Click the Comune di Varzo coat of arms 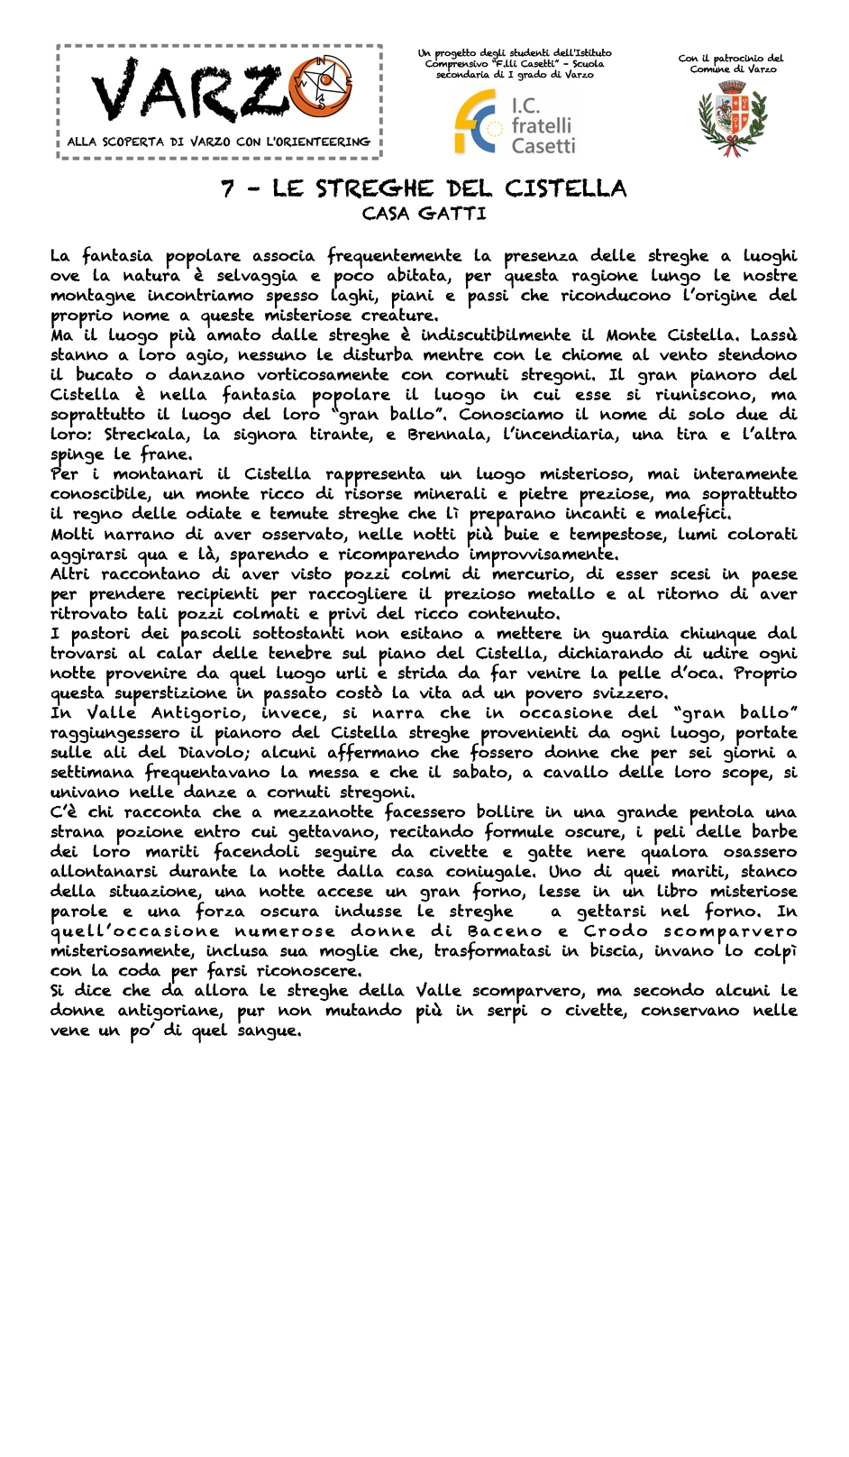pyautogui.click(x=732, y=118)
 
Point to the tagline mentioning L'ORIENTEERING pyautogui.click(x=218, y=142)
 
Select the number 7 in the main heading pyautogui.click(x=229, y=189)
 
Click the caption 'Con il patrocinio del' pyautogui.click(x=731, y=59)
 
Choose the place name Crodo pyautogui.click(x=616, y=931)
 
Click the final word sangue pyautogui.click(x=268, y=1031)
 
